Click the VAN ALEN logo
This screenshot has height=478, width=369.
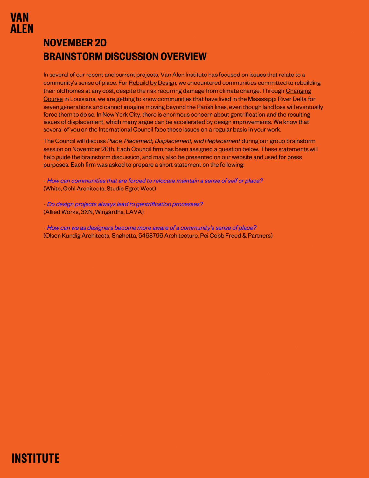coord(22,23)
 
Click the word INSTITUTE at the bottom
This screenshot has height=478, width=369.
coord(35,458)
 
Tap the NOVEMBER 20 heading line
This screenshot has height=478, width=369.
coord(75,43)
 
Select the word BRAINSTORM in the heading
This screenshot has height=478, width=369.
coord(73,56)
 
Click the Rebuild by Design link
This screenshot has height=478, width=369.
coord(152,83)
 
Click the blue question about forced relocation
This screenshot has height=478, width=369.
coord(155,181)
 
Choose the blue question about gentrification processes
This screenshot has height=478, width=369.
coord(125,204)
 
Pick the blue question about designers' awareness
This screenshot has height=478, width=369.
coord(152,228)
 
